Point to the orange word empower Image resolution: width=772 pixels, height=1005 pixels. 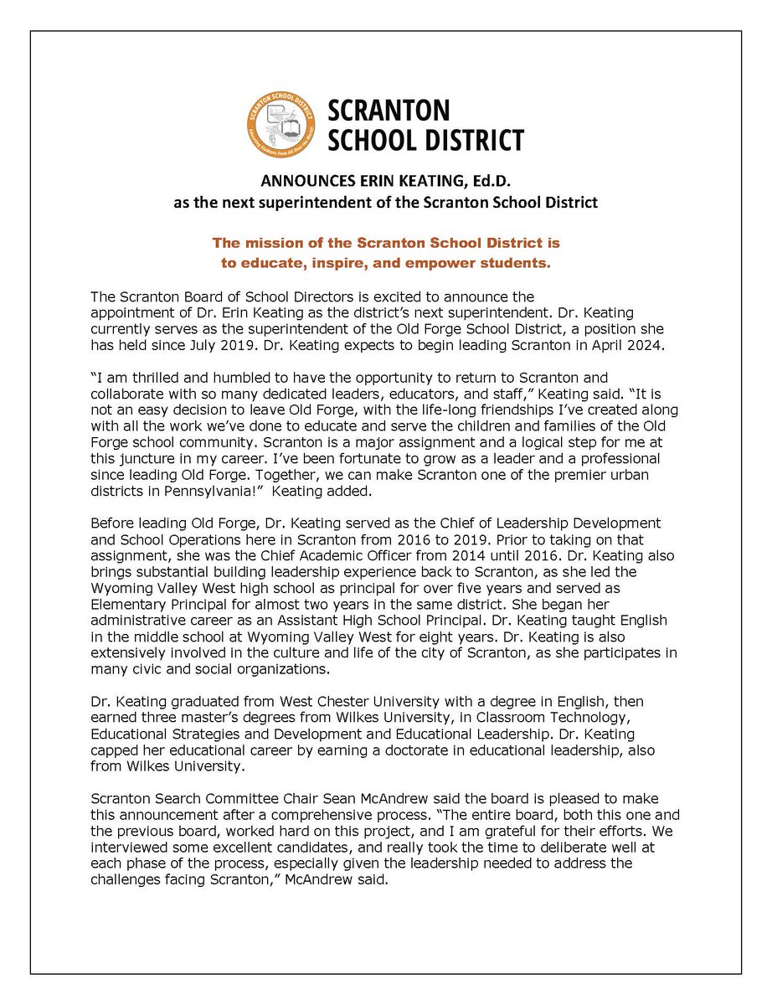pos(452,264)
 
